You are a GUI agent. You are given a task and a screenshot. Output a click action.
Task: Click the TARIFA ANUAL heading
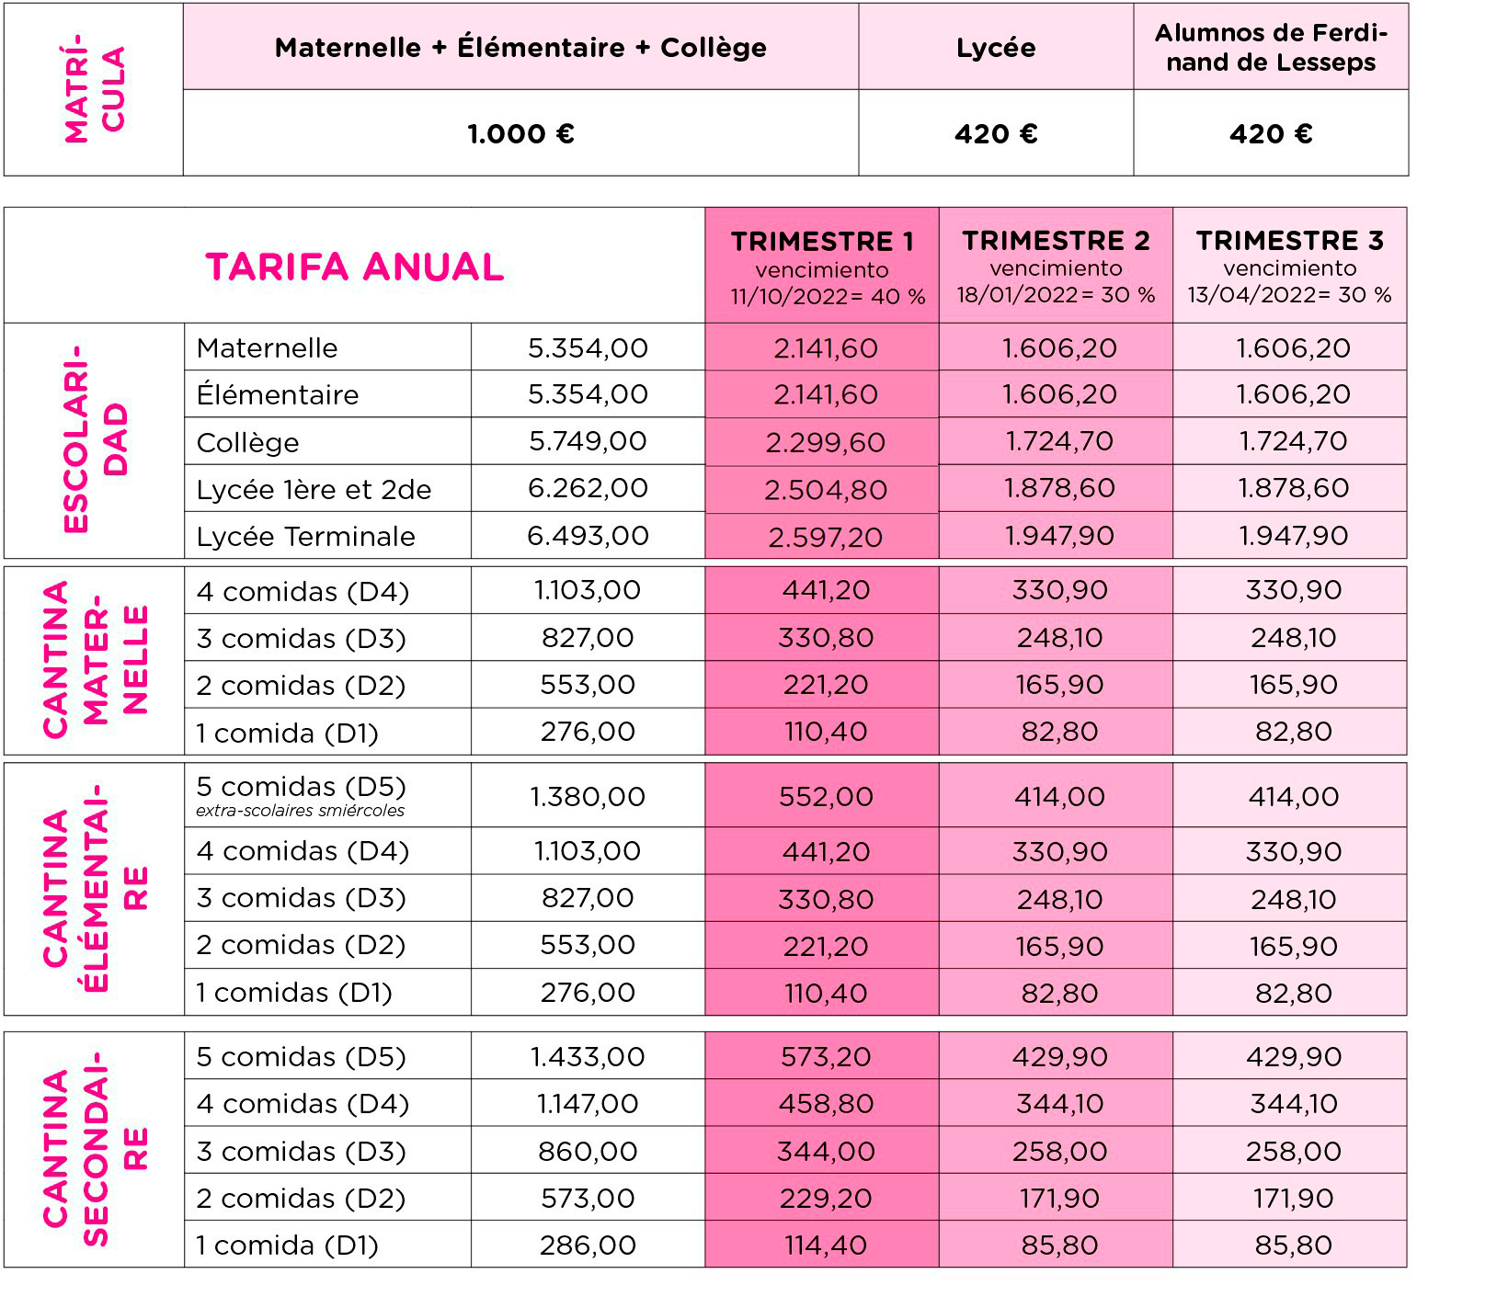tap(354, 267)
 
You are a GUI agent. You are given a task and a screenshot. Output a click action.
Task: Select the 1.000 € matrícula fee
tap(520, 134)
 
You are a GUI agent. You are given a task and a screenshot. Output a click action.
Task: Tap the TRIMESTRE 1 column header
tap(822, 242)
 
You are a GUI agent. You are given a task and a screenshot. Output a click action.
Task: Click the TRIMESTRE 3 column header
tap(1289, 241)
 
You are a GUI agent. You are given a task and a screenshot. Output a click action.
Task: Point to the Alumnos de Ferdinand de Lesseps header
tap(1271, 48)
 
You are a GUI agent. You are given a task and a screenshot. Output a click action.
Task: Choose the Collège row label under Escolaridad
tap(247, 442)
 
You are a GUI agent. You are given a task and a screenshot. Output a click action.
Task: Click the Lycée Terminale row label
tap(305, 536)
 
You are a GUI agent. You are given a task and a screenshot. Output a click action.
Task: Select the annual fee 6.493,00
tap(588, 535)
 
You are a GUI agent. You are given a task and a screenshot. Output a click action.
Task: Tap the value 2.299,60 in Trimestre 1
tap(825, 442)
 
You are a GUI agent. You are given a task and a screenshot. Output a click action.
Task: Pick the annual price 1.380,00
tap(588, 796)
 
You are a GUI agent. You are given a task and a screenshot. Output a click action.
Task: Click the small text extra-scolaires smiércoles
tap(300, 811)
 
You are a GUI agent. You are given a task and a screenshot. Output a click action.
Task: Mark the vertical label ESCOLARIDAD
tap(95, 439)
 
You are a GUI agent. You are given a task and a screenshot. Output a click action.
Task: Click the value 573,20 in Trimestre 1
tap(825, 1056)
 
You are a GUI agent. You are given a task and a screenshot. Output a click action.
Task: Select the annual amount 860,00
tap(588, 1151)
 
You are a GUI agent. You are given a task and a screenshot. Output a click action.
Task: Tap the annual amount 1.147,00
tap(588, 1103)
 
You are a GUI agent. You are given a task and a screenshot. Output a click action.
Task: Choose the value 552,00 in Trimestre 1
tap(825, 796)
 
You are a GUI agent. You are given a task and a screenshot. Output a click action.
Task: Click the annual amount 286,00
tap(588, 1245)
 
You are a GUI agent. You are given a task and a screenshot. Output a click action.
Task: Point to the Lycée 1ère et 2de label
tap(314, 489)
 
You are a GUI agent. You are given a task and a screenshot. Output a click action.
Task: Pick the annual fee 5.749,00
tap(588, 441)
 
